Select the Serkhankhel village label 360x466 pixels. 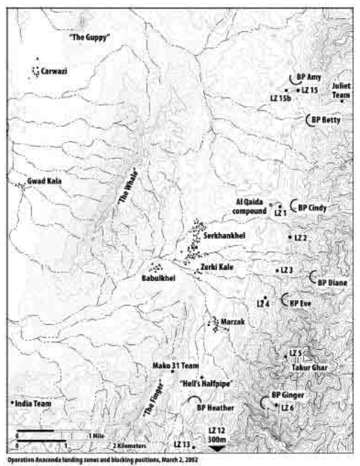[223, 236]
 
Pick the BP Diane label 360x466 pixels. [333, 282]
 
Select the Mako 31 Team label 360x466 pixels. [172, 366]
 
